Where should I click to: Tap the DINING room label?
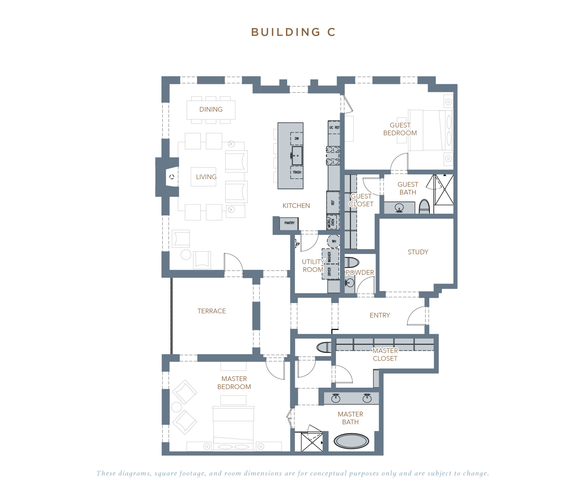211,109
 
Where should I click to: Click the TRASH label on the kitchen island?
297,172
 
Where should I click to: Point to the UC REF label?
334,128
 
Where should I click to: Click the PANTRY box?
289,223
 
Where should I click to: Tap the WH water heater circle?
334,241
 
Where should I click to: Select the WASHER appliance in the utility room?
330,257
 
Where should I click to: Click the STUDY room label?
418,252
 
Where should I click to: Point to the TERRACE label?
212,311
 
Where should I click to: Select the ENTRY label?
380,315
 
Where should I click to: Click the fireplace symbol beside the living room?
172,177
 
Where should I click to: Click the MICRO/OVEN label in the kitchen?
331,222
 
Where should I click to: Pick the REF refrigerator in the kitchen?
333,202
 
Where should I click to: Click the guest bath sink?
399,208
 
